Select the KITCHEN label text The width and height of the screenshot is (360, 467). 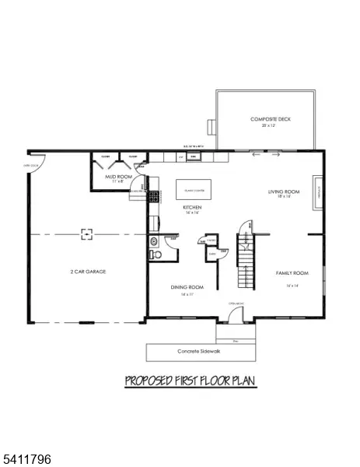193,208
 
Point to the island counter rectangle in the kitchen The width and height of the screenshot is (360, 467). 194,189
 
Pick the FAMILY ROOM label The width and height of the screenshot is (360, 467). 292,273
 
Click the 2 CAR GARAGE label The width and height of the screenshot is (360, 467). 86,272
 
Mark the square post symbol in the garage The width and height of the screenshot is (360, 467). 88,232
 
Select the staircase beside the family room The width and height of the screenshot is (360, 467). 246,265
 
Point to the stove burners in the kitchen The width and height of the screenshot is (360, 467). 154,198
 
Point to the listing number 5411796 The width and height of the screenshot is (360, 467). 26,460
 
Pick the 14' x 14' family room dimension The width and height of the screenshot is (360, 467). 292,286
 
